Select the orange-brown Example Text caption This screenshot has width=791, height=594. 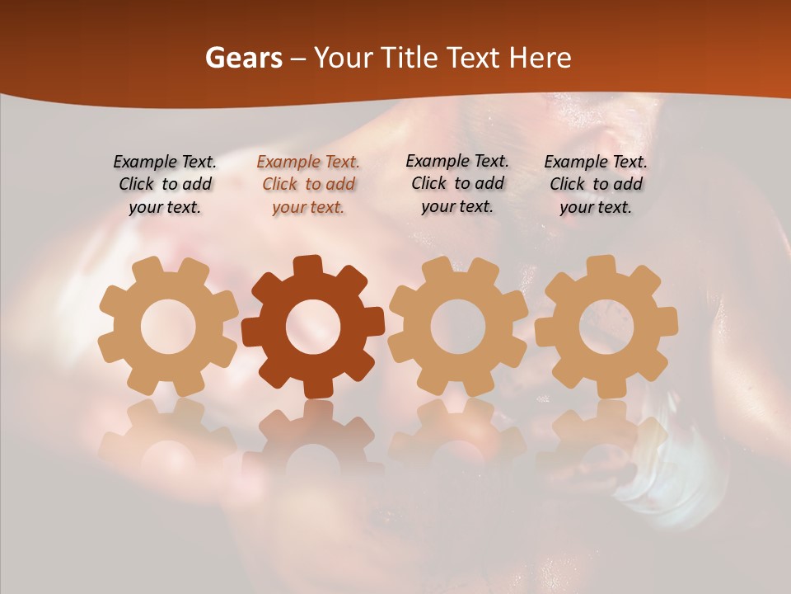[x=308, y=185]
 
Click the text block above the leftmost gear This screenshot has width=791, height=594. [x=165, y=185]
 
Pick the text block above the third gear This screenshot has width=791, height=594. [x=457, y=184]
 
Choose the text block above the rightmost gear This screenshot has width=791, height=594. [x=596, y=185]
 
